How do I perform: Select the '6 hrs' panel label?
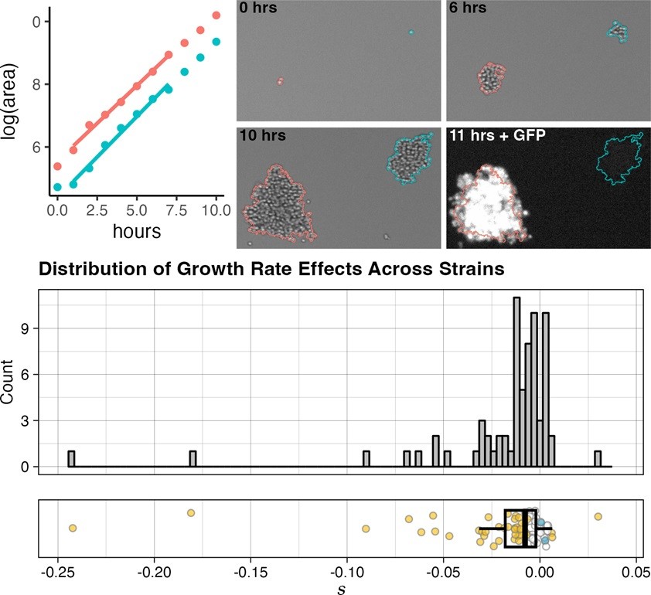point(465,10)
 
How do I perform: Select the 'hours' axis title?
point(136,230)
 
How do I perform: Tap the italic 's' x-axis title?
point(342,588)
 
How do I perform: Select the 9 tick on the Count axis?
point(26,328)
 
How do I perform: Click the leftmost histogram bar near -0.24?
point(72,459)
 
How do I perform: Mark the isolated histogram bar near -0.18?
point(193,459)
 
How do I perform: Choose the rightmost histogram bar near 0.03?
point(598,459)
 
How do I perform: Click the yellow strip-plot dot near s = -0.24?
point(73,528)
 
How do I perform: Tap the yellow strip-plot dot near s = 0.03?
point(598,516)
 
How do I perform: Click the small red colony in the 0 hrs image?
point(281,80)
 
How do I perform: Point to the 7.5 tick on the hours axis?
point(176,210)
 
